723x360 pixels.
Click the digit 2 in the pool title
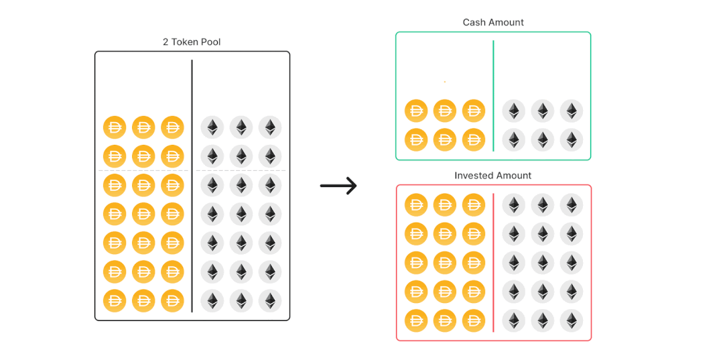pos(166,42)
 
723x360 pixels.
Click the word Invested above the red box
pos(474,176)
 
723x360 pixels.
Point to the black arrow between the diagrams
pos(338,186)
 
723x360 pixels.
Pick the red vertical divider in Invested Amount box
pos(493,262)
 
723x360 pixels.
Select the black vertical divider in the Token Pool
pos(192,186)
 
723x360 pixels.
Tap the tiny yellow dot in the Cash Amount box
pos(444,82)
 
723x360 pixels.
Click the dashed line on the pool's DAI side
pos(144,170)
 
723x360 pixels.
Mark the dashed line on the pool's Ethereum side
pos(241,170)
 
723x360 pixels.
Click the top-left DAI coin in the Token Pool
pos(115,127)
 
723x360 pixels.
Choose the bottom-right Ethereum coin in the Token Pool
pos(270,300)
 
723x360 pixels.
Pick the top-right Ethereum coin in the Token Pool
pos(270,127)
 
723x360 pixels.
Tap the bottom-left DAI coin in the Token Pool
pos(115,300)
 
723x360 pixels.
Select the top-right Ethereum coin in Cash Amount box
pos(572,111)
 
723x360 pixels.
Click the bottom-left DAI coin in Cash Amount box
pos(416,139)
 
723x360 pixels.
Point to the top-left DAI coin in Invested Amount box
pos(416,205)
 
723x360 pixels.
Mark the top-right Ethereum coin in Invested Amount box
pos(572,205)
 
